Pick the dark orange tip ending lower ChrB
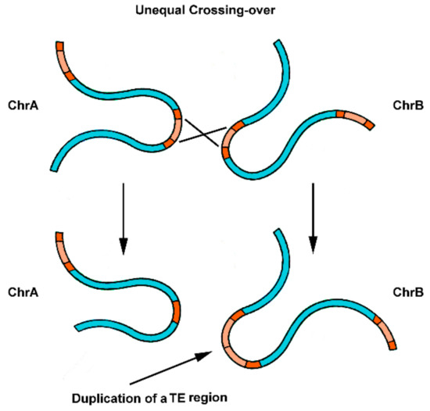[x=392, y=345]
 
